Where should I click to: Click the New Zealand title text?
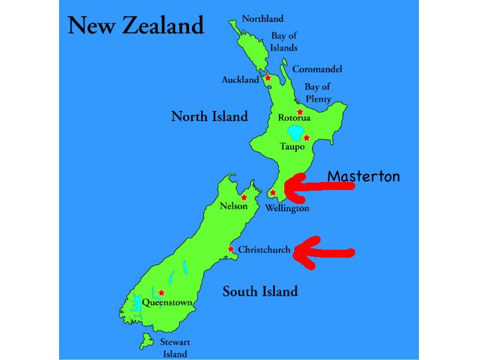click(x=135, y=26)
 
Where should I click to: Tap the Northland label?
click(x=262, y=19)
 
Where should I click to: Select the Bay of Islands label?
click(x=284, y=41)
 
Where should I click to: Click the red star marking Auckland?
click(x=268, y=78)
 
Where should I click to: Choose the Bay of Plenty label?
click(x=317, y=92)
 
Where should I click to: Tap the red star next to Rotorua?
click(x=300, y=112)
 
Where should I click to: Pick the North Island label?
click(x=209, y=116)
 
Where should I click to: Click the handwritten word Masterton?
click(x=364, y=176)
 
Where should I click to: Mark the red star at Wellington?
click(x=273, y=193)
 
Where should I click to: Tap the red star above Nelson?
click(x=244, y=197)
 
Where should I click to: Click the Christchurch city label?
click(x=264, y=250)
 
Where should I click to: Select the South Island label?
click(x=260, y=291)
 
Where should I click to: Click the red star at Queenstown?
click(x=161, y=292)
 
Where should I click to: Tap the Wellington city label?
click(x=287, y=208)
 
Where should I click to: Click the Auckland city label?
click(x=240, y=80)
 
